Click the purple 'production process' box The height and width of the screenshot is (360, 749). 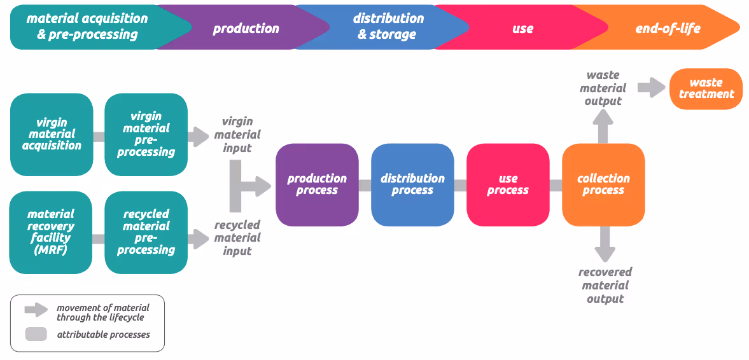point(317,184)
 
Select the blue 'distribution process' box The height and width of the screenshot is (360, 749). point(412,184)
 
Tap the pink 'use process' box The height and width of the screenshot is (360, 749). point(508,184)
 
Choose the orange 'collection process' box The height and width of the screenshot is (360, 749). point(603,184)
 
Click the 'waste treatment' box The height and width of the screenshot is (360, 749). point(706,88)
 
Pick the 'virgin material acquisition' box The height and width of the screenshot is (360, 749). point(52,134)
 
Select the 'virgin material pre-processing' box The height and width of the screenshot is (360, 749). point(146,134)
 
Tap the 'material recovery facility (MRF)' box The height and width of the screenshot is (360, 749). point(51,232)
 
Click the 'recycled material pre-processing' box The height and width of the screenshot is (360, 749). point(146,232)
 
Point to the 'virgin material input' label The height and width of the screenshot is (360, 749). point(237,135)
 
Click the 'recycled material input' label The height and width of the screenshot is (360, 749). point(237,238)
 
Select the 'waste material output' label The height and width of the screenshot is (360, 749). point(603,88)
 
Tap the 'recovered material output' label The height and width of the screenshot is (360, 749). point(605,286)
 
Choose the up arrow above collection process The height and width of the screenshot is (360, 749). point(603,125)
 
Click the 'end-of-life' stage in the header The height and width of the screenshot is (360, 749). point(668,28)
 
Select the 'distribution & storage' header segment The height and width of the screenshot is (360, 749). point(388,27)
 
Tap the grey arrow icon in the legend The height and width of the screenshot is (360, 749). point(36,310)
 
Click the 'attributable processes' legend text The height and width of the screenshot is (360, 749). point(104,334)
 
